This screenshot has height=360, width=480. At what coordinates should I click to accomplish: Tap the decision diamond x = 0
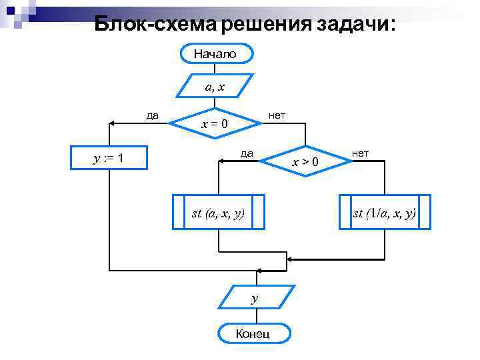tap(214, 123)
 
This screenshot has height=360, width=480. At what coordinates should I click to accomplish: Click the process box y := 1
tap(110, 158)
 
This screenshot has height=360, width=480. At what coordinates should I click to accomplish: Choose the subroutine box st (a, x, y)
tap(218, 213)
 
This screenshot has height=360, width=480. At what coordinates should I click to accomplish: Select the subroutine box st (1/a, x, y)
tap(385, 213)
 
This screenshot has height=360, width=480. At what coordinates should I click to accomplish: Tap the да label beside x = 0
tap(153, 115)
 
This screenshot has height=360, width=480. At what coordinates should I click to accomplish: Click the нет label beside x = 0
tap(276, 115)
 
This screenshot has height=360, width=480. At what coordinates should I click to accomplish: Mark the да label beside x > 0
tap(247, 153)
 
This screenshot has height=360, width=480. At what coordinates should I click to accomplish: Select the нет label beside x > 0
tap(361, 153)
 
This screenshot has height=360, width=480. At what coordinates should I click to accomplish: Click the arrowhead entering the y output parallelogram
tap(255, 283)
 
